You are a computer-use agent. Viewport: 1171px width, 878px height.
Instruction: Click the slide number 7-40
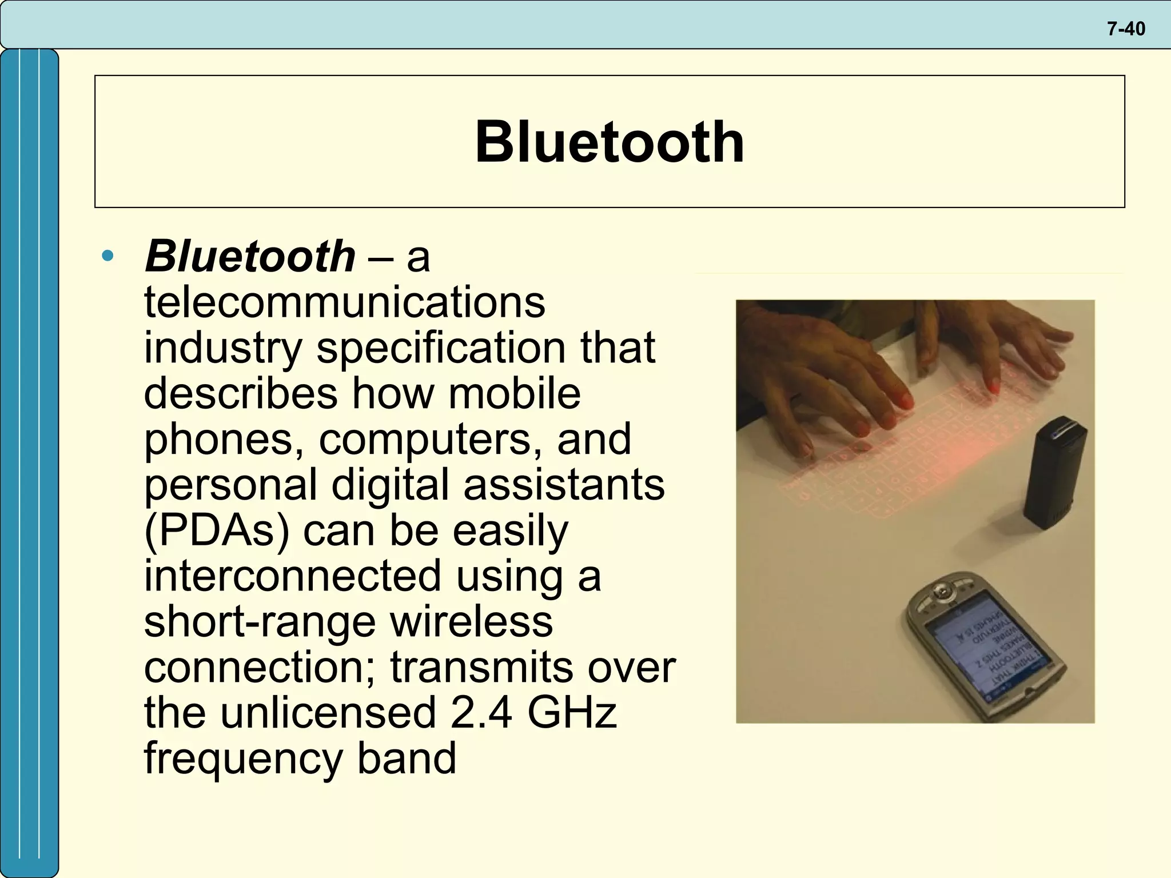coord(1125,29)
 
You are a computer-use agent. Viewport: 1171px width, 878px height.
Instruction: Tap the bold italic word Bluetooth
coord(250,256)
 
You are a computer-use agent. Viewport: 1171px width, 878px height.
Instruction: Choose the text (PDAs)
coord(216,530)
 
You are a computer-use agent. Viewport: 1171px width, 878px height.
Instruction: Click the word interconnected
coord(292,576)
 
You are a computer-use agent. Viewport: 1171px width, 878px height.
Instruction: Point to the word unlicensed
coord(328,713)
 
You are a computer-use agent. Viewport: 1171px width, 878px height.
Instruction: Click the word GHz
coord(572,713)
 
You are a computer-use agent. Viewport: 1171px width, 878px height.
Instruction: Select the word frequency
coord(243,759)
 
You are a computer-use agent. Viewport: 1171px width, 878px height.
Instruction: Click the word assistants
coord(564,485)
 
